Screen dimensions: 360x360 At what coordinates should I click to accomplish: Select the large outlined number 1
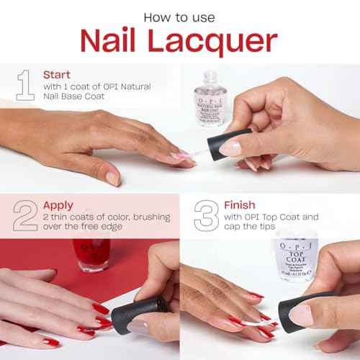point(26,85)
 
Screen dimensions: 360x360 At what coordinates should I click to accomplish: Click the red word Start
point(57,74)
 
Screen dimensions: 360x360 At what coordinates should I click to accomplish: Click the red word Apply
point(58,206)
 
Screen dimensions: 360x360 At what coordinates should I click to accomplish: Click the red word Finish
point(239,205)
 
